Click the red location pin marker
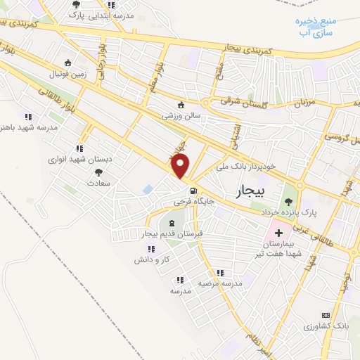(181, 167)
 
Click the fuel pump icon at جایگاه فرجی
(192, 191)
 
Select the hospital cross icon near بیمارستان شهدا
(278, 232)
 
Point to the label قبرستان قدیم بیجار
(172, 233)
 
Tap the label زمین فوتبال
(66, 73)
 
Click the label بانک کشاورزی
(326, 327)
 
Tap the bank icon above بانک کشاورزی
(325, 316)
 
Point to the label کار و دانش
(149, 259)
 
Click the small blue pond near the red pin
(148, 189)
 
